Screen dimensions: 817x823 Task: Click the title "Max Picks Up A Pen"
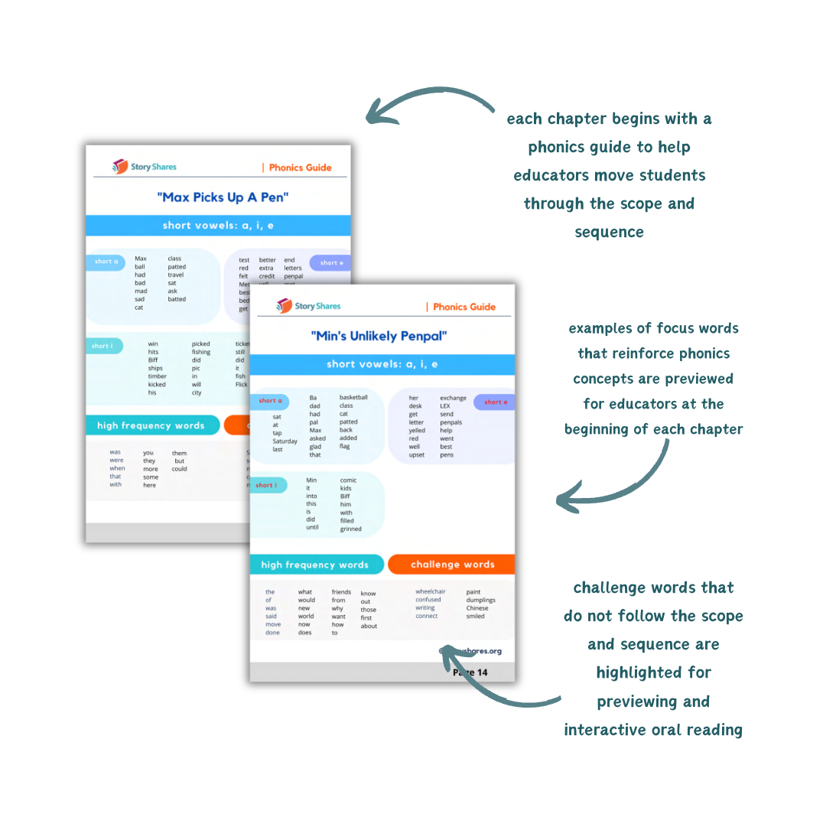[223, 197]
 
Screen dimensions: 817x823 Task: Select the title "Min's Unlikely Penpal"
[379, 336]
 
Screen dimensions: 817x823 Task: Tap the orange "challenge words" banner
[452, 565]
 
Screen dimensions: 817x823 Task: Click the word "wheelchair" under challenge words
[431, 591]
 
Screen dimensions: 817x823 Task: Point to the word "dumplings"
[481, 601]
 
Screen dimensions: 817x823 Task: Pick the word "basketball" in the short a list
[353, 398]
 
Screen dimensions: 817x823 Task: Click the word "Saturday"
[285, 441]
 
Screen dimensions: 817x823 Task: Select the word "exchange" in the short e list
[453, 398]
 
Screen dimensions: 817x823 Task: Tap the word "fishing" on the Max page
[201, 353]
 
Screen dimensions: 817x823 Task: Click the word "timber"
[157, 376]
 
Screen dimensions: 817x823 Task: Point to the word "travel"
[176, 275]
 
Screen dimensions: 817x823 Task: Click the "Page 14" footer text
[470, 672]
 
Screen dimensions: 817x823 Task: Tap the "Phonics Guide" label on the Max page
[299, 168]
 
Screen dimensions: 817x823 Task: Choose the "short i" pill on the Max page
[102, 346]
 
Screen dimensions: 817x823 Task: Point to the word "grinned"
[351, 529]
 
